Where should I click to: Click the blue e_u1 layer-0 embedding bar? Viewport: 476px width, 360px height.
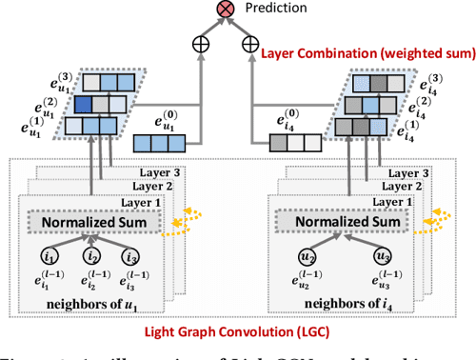pos(167,142)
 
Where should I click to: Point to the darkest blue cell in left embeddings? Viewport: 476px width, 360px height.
pos(85,104)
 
